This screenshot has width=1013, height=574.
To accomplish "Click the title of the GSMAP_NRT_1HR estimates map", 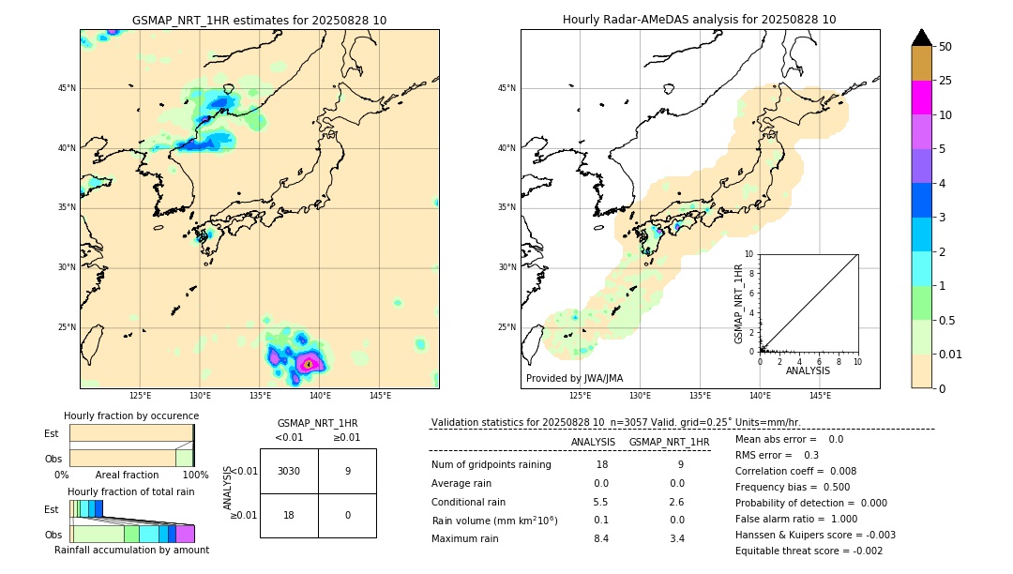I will pos(259,20).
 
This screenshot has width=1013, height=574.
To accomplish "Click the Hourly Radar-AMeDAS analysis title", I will pos(699,20).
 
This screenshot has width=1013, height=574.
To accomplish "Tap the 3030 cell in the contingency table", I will pos(289,471).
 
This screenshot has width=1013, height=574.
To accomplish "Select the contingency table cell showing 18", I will pos(289,515).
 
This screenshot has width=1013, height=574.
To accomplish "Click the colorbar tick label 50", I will pos(945,46).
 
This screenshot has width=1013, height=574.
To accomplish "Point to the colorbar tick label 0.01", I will pos(951,354).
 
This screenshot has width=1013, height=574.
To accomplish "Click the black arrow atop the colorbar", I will pos(922,38).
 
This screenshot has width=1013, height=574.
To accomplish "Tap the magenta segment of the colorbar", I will pos(922,98).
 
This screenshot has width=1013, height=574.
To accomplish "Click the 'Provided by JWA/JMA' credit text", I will pos(574,378).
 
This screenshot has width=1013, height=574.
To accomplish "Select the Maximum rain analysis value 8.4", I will pos(600,538).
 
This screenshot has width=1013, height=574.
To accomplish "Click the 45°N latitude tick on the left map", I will pos(67,88).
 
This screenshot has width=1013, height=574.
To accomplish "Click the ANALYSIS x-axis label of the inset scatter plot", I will pos(808,370).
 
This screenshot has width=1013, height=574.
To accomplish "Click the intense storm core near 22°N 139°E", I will pos(310,363).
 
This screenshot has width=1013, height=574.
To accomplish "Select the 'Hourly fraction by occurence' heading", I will pos(131,415).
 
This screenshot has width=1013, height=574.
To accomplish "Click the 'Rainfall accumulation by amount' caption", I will pos(131,550).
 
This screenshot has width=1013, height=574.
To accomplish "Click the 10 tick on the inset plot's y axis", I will pos(749,253).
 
